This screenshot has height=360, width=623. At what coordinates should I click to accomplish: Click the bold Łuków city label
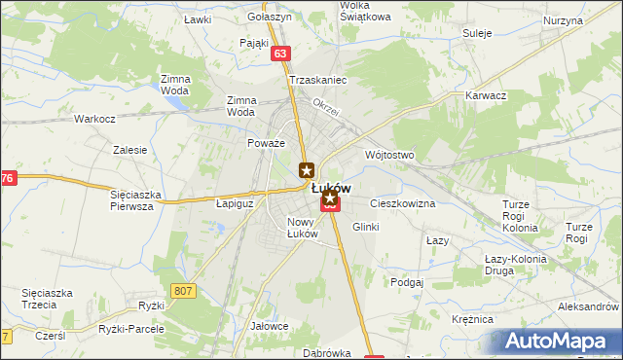click(331, 189)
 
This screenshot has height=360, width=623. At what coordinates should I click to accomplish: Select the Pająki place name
click(253, 44)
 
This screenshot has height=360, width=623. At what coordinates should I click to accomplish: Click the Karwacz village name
click(486, 96)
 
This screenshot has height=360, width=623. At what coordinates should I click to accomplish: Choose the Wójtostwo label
click(389, 155)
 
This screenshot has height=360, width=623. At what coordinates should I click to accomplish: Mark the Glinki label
click(365, 226)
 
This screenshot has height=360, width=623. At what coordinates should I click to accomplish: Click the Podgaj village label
click(406, 282)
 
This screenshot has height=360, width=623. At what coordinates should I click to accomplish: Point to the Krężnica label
click(473, 319)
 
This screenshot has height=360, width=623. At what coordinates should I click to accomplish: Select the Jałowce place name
click(270, 326)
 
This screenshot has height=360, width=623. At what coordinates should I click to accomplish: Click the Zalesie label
click(129, 150)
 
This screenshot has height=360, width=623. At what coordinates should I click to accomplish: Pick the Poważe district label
click(266, 143)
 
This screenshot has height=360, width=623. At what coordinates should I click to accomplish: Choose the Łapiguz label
click(234, 204)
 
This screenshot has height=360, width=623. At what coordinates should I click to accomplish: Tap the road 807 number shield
click(182, 291)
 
